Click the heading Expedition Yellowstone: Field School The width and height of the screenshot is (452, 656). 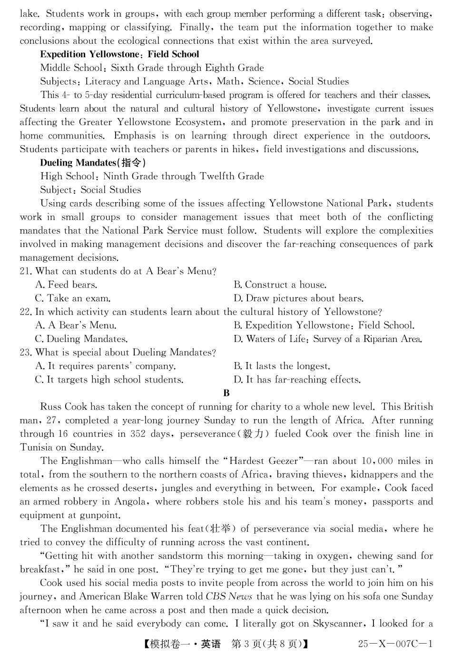tap(119, 54)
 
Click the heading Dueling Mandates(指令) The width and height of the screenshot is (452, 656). tap(93, 163)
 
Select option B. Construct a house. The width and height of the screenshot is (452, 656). tap(279, 285)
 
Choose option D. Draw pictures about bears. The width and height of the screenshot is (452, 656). tap(298, 299)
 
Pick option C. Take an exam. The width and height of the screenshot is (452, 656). tap(72, 299)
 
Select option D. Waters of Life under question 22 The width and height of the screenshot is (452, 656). tap(327, 339)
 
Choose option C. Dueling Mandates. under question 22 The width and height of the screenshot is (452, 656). tap(81, 339)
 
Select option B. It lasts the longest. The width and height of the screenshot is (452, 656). tap(281, 366)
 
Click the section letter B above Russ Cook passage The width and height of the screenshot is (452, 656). tap(226, 393)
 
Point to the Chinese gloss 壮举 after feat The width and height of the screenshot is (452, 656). tap(221, 529)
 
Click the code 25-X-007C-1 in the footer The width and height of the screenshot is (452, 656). tap(395, 644)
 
